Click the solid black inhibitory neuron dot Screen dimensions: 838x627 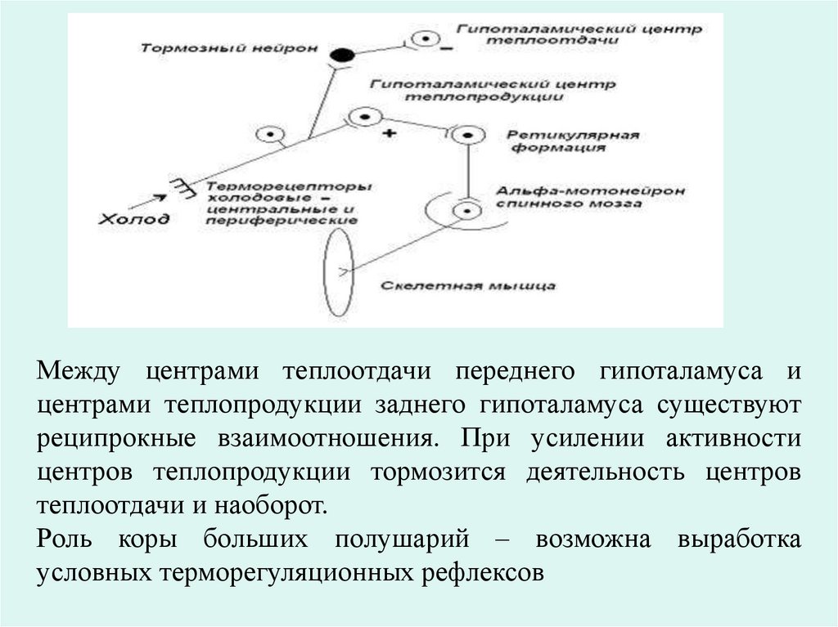tap(341, 56)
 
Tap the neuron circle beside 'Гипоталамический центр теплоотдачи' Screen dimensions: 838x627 tap(425, 38)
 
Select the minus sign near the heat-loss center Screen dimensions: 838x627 tap(446, 51)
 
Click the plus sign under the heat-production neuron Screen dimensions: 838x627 tap(389, 132)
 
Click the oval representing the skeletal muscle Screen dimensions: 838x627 tap(337, 271)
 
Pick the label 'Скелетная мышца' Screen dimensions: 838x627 tap(469, 286)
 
